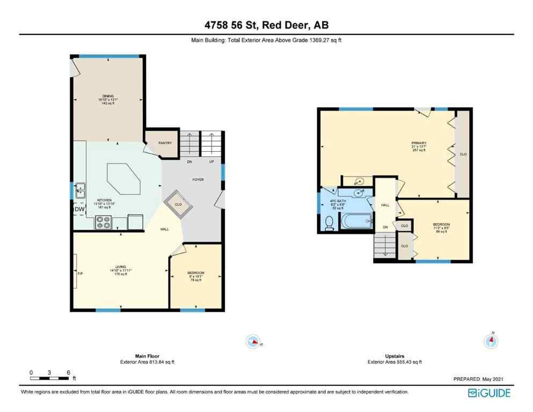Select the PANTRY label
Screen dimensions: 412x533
click(x=164, y=143)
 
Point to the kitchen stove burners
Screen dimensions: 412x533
click(x=103, y=222)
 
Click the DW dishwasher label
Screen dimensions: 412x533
click(x=78, y=209)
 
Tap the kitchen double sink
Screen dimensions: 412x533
click(x=80, y=190)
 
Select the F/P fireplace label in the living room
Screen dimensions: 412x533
click(x=81, y=274)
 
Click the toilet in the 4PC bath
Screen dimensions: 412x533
click(x=330, y=223)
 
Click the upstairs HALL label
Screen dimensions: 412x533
click(x=385, y=205)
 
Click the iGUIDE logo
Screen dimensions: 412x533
click(x=489, y=393)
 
